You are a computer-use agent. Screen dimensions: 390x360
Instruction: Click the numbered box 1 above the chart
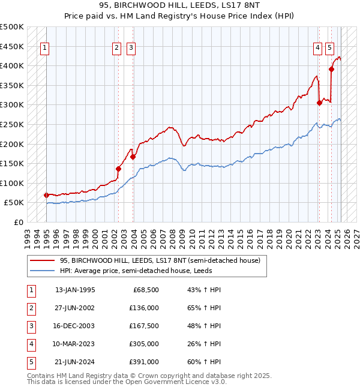(46, 49)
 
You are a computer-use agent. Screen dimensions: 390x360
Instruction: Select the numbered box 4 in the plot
(317, 49)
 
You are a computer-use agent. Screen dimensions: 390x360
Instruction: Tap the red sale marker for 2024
(332, 69)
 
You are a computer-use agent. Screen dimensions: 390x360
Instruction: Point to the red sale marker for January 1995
(47, 195)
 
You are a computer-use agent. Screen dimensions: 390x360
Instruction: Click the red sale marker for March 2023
(320, 103)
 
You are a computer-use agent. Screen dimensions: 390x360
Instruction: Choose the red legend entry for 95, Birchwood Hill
(160, 261)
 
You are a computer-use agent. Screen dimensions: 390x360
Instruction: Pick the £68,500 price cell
(145, 290)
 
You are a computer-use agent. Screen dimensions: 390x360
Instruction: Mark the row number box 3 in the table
(30, 326)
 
